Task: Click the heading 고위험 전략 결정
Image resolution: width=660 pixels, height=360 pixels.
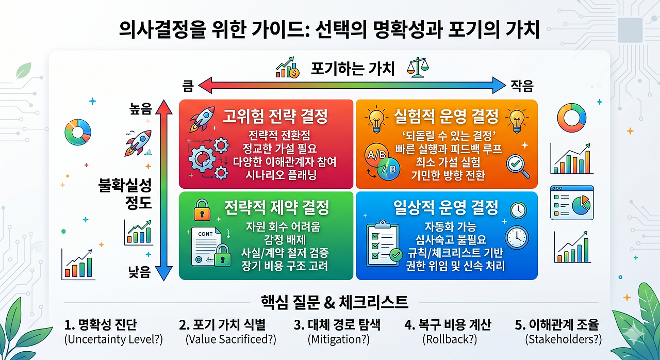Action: [275, 116]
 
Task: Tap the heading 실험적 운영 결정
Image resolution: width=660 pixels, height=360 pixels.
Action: [446, 116]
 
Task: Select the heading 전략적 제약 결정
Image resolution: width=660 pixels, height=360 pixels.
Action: [277, 207]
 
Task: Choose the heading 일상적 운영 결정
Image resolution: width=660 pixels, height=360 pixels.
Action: [446, 207]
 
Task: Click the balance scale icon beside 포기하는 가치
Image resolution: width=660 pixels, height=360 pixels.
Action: [418, 67]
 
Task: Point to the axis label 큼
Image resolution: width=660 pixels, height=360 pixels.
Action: [188, 86]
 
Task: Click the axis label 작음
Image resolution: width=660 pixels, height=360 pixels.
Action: [522, 86]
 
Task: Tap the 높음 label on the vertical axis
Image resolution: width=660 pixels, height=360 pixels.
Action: [141, 109]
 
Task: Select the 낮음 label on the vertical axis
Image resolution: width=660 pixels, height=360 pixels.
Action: [139, 272]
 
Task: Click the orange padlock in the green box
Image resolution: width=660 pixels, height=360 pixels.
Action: [202, 210]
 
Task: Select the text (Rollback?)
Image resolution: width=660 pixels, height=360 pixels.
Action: [450, 339]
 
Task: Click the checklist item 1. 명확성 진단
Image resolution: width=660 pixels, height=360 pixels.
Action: [101, 324]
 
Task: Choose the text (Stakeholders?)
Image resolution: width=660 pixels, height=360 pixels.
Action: [564, 339]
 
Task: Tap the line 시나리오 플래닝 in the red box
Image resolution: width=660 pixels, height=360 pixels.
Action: [281, 175]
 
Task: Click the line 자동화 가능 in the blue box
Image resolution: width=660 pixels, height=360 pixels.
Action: [451, 226]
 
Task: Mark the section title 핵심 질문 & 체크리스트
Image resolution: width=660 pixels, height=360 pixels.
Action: [335, 302]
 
